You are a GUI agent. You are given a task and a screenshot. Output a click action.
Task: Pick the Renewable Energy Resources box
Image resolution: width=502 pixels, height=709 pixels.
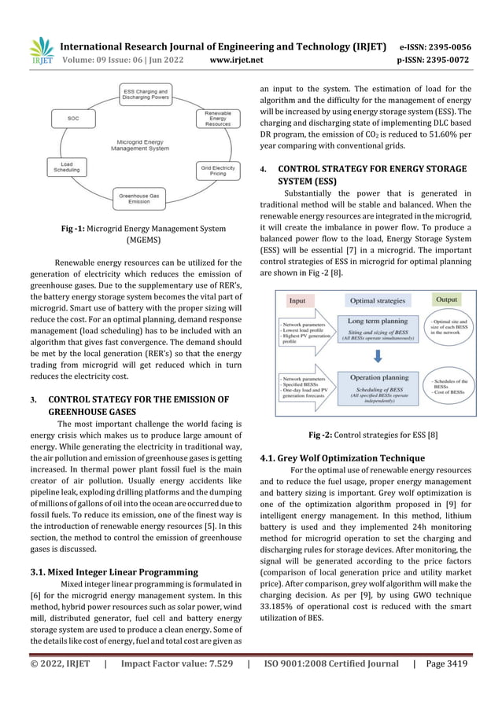(x=217, y=119)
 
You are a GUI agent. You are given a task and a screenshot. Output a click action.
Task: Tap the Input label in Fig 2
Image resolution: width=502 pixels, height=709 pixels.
(x=297, y=300)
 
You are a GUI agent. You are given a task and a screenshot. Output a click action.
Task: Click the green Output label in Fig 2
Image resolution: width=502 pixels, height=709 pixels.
(x=448, y=299)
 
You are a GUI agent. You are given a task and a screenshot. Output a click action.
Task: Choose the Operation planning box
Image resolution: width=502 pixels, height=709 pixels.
(x=377, y=387)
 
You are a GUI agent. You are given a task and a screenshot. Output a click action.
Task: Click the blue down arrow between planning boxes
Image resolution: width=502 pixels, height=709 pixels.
(x=378, y=355)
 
